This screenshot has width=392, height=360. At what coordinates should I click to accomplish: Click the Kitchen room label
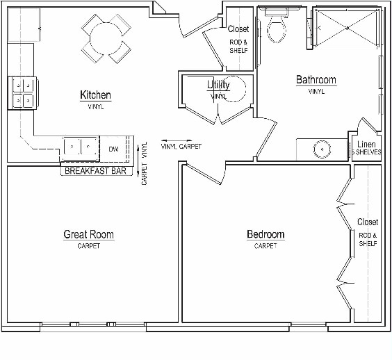(95, 95)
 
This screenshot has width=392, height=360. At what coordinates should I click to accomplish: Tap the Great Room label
(88, 235)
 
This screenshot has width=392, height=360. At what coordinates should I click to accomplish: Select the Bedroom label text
(266, 235)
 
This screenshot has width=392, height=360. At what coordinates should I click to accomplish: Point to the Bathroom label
(316, 80)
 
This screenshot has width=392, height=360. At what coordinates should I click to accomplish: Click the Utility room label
(218, 85)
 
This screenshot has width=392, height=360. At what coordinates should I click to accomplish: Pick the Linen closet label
(366, 144)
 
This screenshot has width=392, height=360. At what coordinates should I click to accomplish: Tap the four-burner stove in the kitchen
(22, 93)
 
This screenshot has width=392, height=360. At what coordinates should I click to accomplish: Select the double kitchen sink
(81, 147)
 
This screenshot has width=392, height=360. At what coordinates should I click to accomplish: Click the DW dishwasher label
(114, 149)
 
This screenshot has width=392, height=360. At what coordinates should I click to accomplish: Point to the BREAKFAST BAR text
(95, 170)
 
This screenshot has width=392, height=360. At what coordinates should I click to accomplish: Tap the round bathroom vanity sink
(321, 149)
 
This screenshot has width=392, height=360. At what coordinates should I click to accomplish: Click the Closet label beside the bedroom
(368, 222)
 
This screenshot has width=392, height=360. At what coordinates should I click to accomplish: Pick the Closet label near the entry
(238, 29)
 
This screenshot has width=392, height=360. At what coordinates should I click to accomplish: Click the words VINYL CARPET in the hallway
(181, 147)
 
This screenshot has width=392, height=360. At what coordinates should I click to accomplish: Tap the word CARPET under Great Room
(88, 246)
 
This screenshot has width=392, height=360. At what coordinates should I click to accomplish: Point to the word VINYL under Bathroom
(316, 91)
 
